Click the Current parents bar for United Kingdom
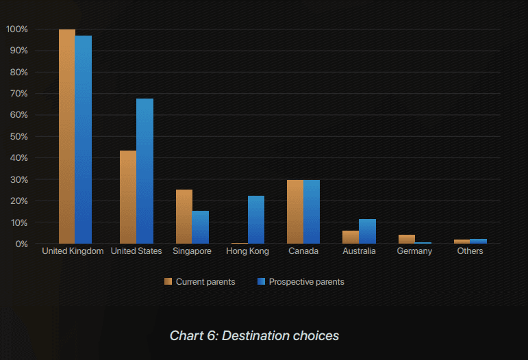pyautogui.click(x=67, y=136)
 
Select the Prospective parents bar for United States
pyautogui.click(x=144, y=171)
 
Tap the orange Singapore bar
pyautogui.click(x=184, y=216)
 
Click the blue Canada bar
pyautogui.click(x=312, y=211)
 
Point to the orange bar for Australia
pyautogui.click(x=351, y=237)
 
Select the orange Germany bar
pyautogui.click(x=407, y=239)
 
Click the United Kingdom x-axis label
pyautogui.click(x=73, y=251)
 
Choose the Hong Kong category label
pyautogui.click(x=247, y=251)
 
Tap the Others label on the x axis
pyautogui.click(x=470, y=251)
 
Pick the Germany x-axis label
pyautogui.click(x=414, y=251)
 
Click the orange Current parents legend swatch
pyautogui.click(x=168, y=281)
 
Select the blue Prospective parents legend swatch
pyautogui.click(x=261, y=281)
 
